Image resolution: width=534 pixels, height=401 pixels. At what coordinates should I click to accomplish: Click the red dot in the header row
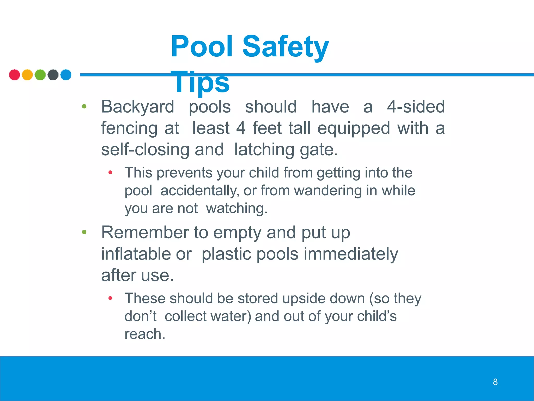[x=14, y=75]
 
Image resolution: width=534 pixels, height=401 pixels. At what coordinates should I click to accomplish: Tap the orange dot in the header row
[x=27, y=75]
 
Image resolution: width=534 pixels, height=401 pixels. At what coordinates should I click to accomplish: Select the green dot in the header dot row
[x=40, y=75]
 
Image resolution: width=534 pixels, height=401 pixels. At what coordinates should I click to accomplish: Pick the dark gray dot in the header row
[x=53, y=75]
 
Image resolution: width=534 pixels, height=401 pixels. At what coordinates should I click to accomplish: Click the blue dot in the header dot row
[x=66, y=75]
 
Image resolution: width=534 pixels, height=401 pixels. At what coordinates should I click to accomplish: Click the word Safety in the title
[x=286, y=47]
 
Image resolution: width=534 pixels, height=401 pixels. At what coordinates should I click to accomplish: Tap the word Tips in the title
[x=200, y=82]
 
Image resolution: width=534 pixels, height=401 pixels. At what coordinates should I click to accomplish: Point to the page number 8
[x=495, y=382]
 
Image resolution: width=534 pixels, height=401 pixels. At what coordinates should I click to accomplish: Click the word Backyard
[x=137, y=107]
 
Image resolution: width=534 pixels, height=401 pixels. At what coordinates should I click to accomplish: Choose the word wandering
[x=328, y=191]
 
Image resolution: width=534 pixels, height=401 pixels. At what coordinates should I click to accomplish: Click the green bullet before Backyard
[x=84, y=106]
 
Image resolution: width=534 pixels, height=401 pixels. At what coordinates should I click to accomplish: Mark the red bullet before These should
[x=110, y=298]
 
